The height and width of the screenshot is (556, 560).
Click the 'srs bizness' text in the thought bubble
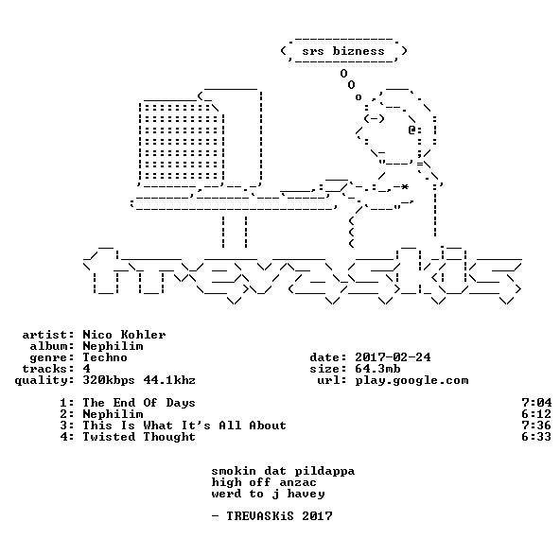click(343, 51)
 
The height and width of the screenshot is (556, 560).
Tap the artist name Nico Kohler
click(124, 335)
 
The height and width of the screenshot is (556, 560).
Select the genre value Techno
click(105, 357)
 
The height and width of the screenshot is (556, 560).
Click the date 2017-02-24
click(393, 357)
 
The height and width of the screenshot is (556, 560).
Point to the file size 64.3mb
click(377, 369)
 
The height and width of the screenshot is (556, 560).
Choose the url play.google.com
click(411, 381)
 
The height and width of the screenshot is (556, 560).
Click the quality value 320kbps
click(109, 381)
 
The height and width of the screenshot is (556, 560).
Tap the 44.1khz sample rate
click(169, 380)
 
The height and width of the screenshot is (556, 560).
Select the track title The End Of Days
click(139, 403)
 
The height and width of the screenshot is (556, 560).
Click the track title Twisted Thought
click(139, 437)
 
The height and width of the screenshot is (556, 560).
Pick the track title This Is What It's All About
click(184, 426)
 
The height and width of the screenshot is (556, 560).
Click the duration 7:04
click(536, 403)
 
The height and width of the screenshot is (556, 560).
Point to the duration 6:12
click(536, 414)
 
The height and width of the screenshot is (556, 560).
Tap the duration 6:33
click(536, 436)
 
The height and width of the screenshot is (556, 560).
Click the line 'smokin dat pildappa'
click(283, 471)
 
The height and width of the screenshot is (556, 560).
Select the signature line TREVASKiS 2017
click(279, 516)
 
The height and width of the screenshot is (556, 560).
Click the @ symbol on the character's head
click(411, 130)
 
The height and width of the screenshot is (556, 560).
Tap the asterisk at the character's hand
click(404, 187)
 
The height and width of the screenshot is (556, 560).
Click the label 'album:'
click(52, 346)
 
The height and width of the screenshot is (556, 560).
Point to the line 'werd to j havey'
click(268, 495)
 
